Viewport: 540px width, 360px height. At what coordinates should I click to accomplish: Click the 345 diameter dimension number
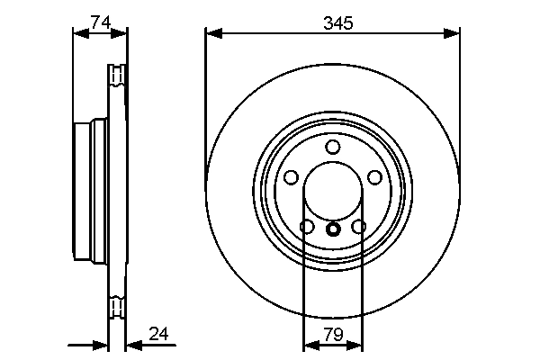[333, 24]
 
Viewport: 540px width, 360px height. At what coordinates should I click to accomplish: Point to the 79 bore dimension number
[333, 335]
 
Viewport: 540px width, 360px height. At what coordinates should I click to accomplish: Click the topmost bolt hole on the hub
[333, 148]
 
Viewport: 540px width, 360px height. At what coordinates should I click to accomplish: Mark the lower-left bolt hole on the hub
[306, 227]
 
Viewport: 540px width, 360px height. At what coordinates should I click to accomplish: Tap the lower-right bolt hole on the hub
[360, 227]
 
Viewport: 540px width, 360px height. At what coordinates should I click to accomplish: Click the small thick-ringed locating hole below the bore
[333, 229]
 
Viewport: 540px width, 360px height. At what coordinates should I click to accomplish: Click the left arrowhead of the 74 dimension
[78, 34]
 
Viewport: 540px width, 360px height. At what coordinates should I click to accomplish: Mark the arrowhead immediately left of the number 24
[131, 345]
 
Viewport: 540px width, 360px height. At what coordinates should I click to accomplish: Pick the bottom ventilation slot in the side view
[115, 310]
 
